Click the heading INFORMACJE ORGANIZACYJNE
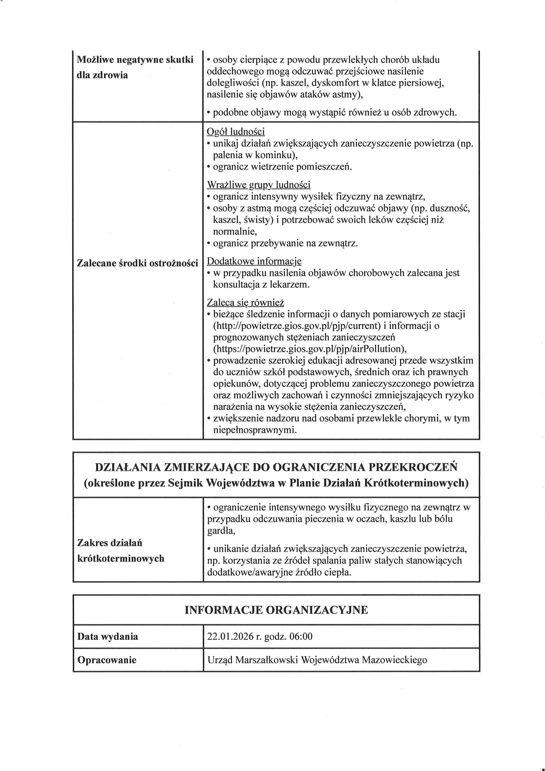[x=276, y=610]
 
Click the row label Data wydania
[x=107, y=636]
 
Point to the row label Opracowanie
[x=107, y=660]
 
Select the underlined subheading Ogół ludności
[x=235, y=132]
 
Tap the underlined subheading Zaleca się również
[x=245, y=303]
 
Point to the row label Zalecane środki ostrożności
[x=137, y=263]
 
